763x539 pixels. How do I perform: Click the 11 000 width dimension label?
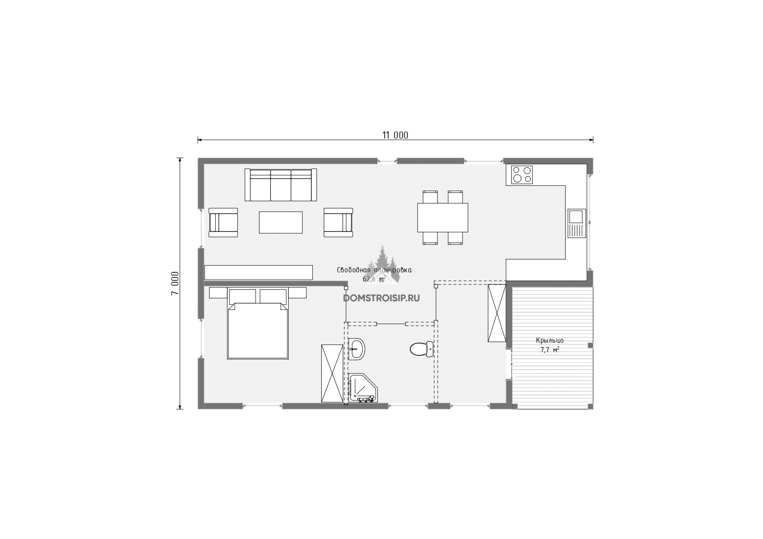coord(395,135)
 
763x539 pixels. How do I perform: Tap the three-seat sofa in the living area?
coord(281,185)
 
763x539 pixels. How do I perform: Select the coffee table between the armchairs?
coord(281,222)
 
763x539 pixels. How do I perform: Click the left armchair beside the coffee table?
coord(223,222)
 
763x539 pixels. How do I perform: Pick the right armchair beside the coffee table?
coord(338,222)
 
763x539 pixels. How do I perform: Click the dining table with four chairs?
coord(443,218)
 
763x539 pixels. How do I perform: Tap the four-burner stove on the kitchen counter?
coord(522,175)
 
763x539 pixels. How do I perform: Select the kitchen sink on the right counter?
coord(577,223)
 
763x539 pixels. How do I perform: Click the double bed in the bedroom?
coord(258,324)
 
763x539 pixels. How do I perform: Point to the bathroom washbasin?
coord(357,349)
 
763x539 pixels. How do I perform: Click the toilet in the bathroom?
coord(422,349)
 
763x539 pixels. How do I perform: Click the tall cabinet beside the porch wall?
coord(497,313)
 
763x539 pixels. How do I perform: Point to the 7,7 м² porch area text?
coord(550,349)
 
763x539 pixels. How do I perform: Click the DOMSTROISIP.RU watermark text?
coord(381,298)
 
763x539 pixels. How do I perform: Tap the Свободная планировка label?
coord(374,270)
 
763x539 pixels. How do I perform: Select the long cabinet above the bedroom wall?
coord(259,272)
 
